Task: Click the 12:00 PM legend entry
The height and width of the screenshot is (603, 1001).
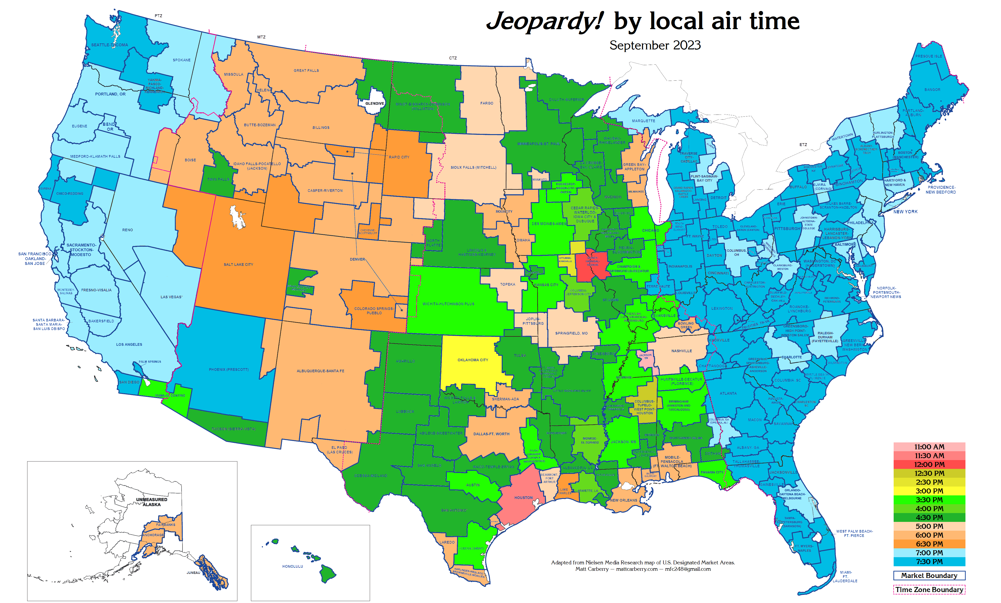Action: coord(929,464)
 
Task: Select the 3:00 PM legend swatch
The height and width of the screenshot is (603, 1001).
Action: coord(929,491)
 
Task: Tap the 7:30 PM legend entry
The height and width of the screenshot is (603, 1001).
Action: coord(929,561)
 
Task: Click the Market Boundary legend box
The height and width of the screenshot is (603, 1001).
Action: coord(929,575)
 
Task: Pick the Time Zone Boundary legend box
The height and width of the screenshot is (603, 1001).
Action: coord(929,589)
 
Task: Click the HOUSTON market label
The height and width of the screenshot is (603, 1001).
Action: coord(523,497)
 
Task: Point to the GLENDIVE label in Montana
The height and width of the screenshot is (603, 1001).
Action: coord(374,104)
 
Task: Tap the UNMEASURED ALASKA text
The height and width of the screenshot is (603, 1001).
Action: coord(151,502)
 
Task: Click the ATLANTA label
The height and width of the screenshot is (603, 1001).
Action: coord(728,393)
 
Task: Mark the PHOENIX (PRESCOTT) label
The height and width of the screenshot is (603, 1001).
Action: coord(229,369)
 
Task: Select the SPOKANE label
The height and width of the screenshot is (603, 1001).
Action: coord(182,60)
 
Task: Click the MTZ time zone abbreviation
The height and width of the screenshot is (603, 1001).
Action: coord(261,37)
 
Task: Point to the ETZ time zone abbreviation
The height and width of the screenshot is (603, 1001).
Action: coord(803,145)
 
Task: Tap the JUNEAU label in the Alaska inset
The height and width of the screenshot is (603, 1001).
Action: coord(193,573)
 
